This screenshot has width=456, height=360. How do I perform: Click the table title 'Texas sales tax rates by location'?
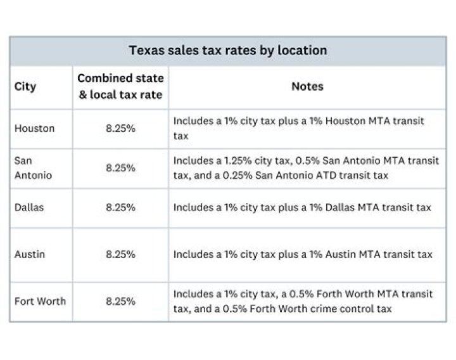(x=228, y=50)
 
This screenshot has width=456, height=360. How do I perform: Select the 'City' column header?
(x=25, y=87)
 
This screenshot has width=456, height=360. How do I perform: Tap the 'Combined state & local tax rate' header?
(x=120, y=87)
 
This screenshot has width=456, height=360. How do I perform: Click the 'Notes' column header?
(x=307, y=87)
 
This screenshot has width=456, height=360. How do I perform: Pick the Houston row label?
(x=35, y=128)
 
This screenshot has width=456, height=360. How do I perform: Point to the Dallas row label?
(x=29, y=207)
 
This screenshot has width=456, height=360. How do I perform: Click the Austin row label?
(x=29, y=254)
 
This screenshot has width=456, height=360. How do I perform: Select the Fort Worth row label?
(x=40, y=301)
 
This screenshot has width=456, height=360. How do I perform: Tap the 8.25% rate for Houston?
(x=120, y=128)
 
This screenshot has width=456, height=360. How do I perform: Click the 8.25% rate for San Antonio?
(x=120, y=167)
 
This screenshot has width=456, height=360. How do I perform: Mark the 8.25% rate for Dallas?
(x=120, y=207)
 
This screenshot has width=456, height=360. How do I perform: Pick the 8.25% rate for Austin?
(x=120, y=254)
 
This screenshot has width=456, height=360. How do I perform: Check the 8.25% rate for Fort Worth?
(x=120, y=301)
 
